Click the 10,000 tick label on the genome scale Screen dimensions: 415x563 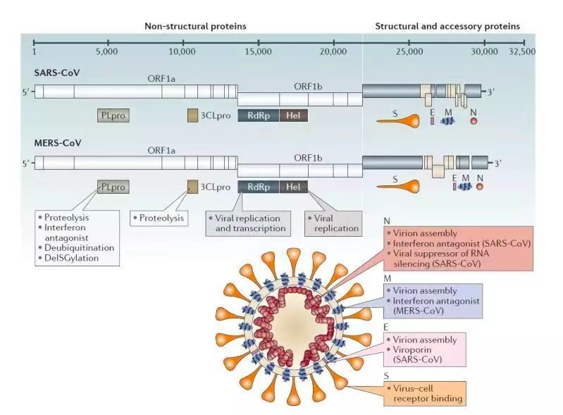pos(182,51)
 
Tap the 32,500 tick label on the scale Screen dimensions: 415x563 pos(521,51)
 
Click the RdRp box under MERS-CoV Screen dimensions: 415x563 pos(258,186)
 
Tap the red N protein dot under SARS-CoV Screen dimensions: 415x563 pos(474,120)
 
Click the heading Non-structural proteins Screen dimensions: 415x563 pos(196,26)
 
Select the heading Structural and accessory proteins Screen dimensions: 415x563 pos(447,26)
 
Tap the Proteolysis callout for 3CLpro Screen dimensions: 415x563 pos(160,218)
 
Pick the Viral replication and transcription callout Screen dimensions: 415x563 pos(247,223)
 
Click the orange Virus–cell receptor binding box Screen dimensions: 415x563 pos(422,393)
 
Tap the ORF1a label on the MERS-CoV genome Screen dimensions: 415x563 pos(161,150)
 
